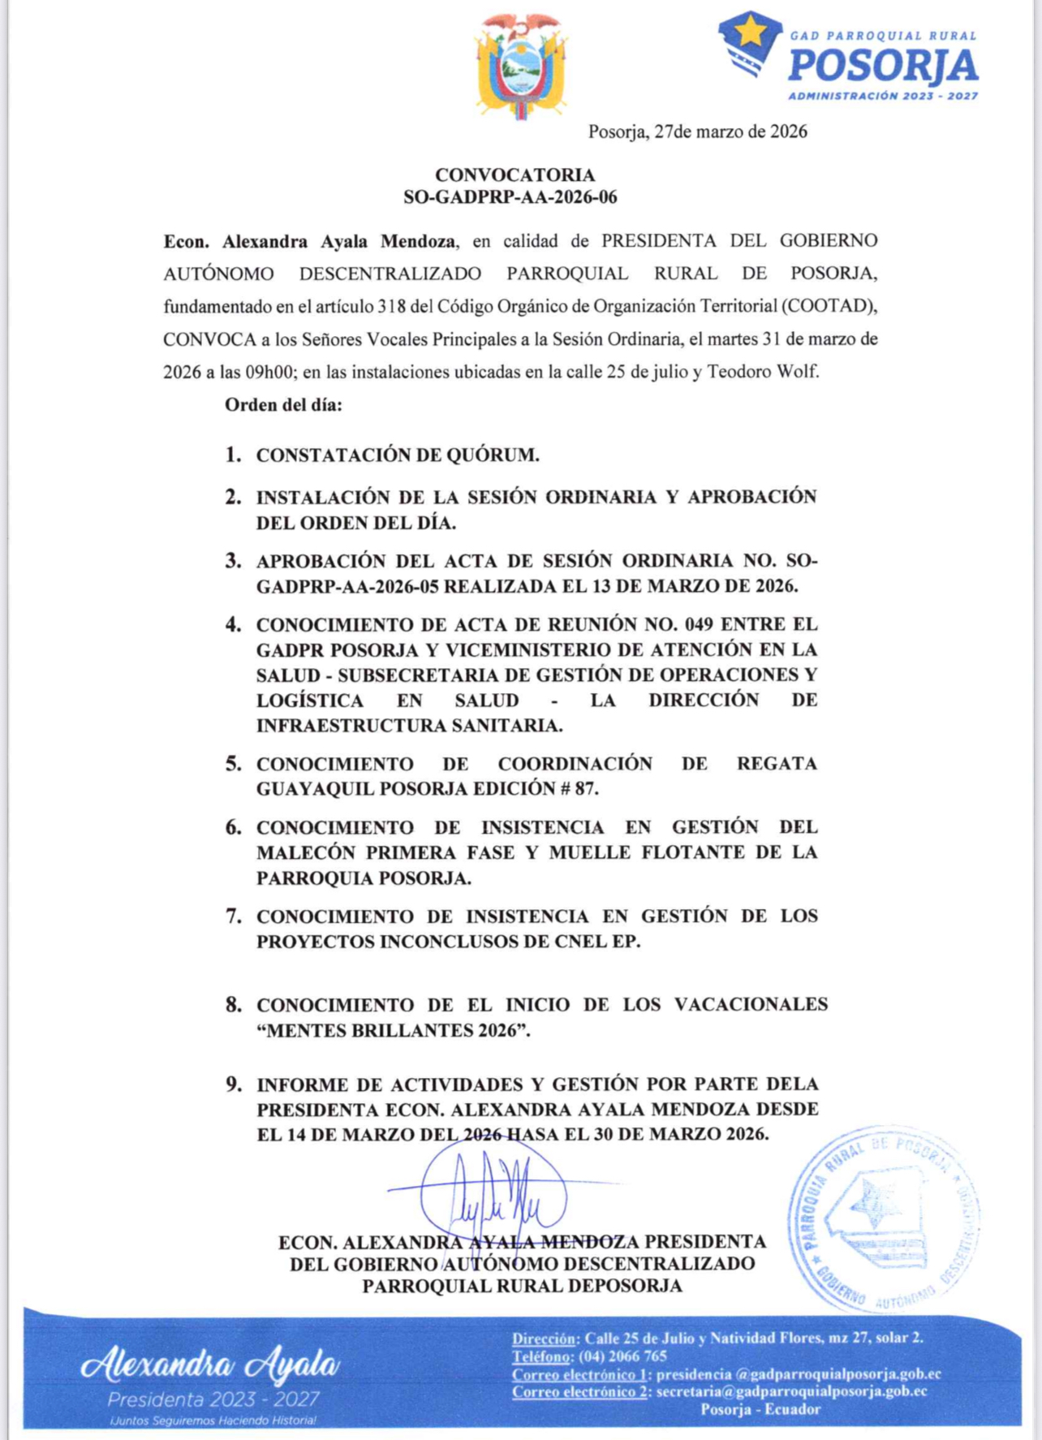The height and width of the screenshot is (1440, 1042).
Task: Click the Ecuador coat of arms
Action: tap(521, 67)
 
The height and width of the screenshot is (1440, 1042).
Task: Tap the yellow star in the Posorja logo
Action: tap(751, 32)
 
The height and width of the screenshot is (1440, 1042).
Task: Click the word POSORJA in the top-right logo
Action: tap(883, 66)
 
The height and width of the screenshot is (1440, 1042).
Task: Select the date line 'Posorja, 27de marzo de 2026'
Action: tap(697, 131)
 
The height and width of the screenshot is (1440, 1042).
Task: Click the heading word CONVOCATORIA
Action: tap(515, 175)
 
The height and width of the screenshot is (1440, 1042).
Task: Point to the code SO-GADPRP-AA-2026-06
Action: tap(510, 197)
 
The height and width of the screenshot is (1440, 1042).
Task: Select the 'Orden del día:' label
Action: tap(283, 404)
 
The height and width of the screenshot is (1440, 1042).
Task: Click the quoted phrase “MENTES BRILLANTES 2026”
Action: tap(393, 1030)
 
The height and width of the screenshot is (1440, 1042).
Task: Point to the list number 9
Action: tap(233, 1084)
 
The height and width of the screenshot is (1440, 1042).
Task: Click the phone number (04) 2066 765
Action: tap(622, 1356)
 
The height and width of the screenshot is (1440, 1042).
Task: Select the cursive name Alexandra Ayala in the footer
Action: tap(209, 1365)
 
